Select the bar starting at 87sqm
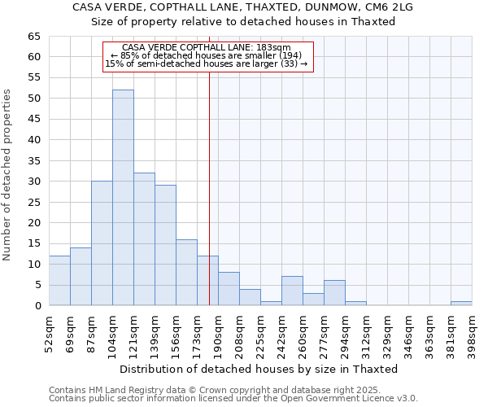pos(102,243)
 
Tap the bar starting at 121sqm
pos(144,239)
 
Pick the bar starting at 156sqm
pos(186,273)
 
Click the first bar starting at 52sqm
pos(59,281)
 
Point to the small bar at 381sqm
pos(461,304)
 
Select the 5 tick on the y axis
pos(37,285)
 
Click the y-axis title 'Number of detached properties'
pos(8,175)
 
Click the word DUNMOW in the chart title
pos(320,7)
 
